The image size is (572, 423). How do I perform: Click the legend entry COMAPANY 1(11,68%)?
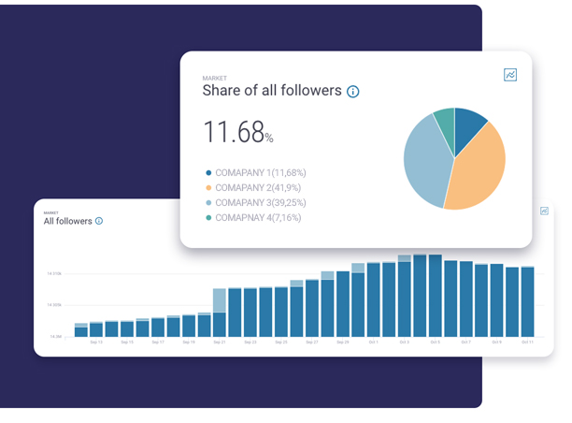pyautogui.click(x=260, y=173)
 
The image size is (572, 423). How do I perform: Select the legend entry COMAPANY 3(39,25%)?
pyautogui.click(x=260, y=203)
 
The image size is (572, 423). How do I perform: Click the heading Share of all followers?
pyautogui.click(x=271, y=91)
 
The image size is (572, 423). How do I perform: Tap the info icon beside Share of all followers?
pyautogui.click(x=353, y=92)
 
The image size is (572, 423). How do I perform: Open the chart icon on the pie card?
pyautogui.click(x=510, y=75)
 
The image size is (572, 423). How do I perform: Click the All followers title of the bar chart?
pyautogui.click(x=67, y=221)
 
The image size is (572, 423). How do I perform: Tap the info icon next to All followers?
pyautogui.click(x=99, y=221)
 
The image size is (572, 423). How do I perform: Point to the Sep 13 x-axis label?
pyautogui.click(x=96, y=343)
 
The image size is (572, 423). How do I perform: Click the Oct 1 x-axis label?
pyautogui.click(x=373, y=343)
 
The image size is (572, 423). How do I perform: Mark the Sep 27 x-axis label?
pyautogui.click(x=311, y=343)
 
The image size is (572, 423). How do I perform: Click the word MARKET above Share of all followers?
pyautogui.click(x=215, y=78)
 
